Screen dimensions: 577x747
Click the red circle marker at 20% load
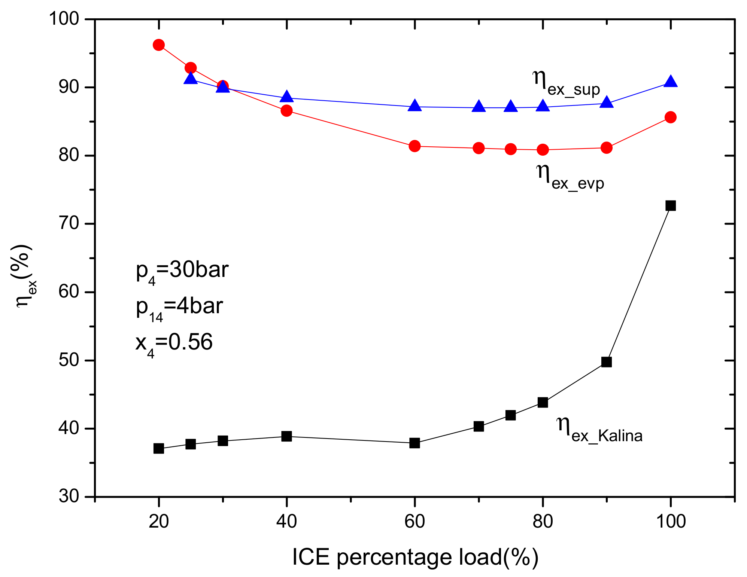click(159, 45)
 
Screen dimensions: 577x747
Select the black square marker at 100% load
click(670, 205)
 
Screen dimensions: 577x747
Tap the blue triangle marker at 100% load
click(670, 82)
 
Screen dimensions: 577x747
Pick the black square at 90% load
click(606, 362)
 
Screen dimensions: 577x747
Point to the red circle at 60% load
click(415, 146)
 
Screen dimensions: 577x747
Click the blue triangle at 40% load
click(286, 97)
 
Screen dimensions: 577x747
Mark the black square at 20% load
click(159, 448)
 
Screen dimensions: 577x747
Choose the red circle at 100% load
click(670, 117)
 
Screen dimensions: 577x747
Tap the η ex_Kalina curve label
click(599, 430)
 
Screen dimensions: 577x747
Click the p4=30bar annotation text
click(182, 271)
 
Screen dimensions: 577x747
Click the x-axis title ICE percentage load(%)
click(415, 557)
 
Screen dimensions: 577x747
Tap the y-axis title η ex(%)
click(25, 276)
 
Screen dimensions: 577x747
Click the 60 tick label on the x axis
click(415, 521)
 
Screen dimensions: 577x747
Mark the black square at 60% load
click(415, 443)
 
